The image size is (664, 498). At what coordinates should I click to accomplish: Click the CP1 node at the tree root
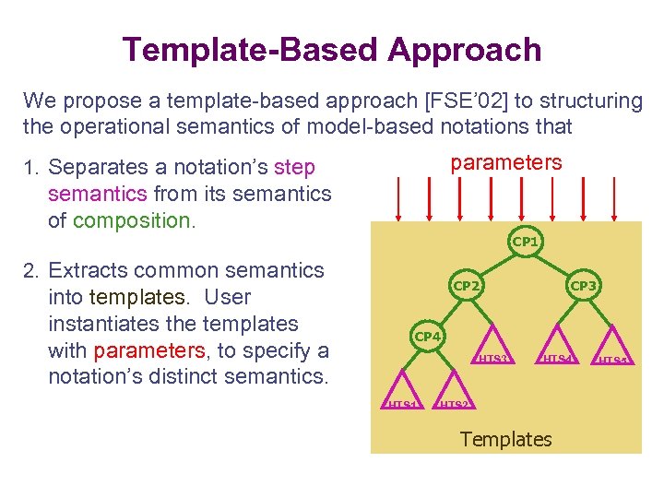pos(524,242)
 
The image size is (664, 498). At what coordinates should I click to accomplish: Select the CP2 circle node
pos(466,286)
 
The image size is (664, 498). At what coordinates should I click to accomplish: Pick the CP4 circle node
pos(427,337)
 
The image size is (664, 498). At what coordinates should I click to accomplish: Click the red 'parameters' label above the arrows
pos(505,163)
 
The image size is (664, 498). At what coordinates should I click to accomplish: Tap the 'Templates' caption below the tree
pos(505,439)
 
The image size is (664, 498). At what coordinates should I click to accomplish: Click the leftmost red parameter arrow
pos(398,198)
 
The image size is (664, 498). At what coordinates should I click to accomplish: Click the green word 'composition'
pos(133,220)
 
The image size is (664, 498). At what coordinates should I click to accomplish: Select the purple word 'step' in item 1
pos(294,167)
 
